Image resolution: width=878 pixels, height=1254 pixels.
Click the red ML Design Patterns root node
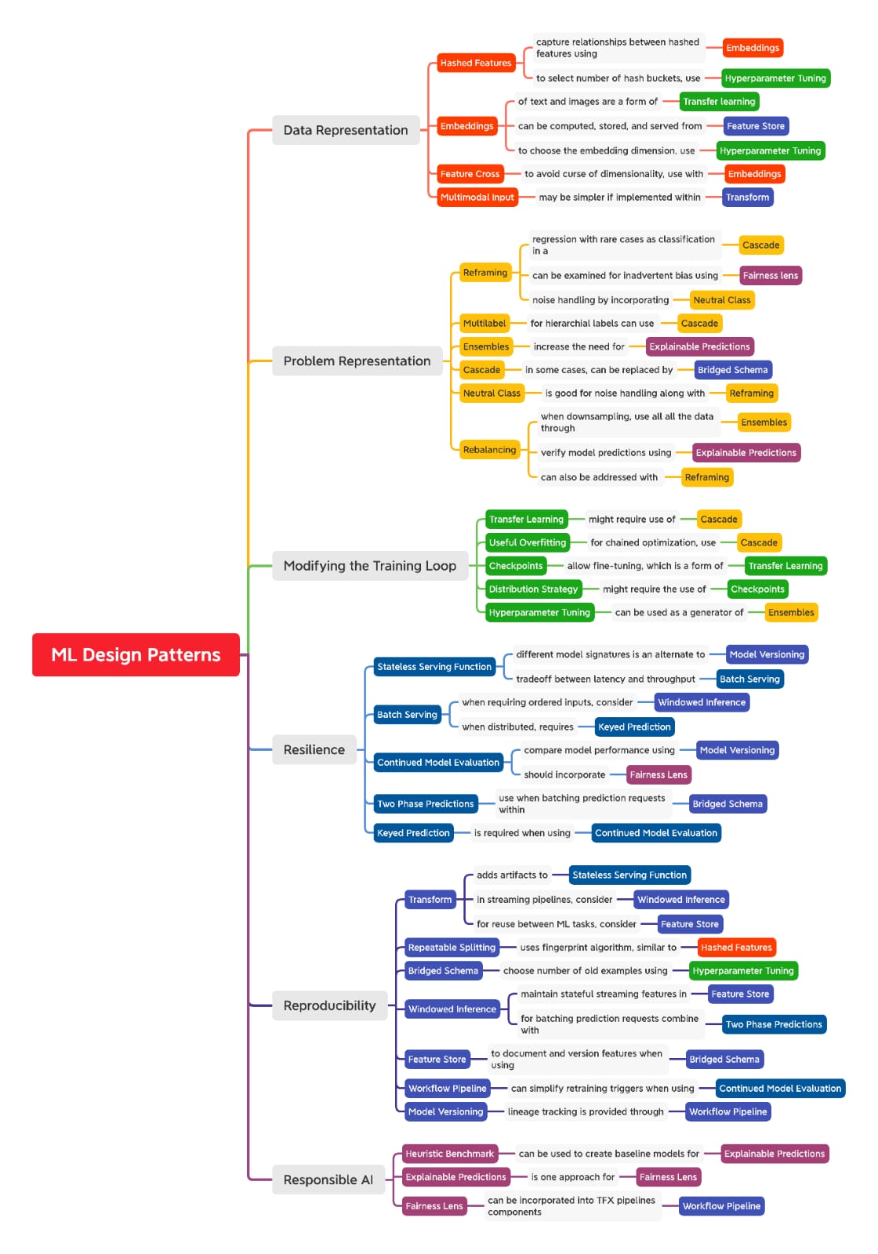coord(136,654)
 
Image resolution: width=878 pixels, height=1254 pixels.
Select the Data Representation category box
coord(346,130)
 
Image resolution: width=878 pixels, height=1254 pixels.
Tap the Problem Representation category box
coord(357,361)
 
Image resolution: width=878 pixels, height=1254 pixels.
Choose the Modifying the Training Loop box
coord(369,565)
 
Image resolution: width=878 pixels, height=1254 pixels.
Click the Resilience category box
coord(314,749)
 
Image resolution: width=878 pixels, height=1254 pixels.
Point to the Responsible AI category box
coord(328,1179)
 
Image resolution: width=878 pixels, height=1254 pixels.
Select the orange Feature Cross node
coord(470,173)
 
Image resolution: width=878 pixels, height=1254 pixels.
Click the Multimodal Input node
coord(477,197)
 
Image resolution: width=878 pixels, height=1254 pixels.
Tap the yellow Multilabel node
coord(484,323)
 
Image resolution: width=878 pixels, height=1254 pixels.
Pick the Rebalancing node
coord(489,450)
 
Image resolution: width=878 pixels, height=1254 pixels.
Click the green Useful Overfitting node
coord(528,542)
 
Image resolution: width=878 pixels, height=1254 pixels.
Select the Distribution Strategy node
coord(533,589)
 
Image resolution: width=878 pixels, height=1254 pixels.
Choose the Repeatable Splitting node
coord(452,948)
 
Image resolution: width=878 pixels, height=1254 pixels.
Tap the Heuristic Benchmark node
coord(450,1153)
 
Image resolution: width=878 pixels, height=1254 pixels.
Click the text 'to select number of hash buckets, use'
coord(619,78)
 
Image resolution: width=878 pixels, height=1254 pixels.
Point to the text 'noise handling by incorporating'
coord(600,300)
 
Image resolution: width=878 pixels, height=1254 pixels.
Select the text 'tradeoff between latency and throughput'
coord(605,679)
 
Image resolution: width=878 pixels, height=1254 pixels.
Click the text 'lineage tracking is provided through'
coord(586,1112)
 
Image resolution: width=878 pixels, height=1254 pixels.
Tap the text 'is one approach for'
coord(573,1176)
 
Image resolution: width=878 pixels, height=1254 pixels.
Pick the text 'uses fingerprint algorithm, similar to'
coord(599,948)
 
